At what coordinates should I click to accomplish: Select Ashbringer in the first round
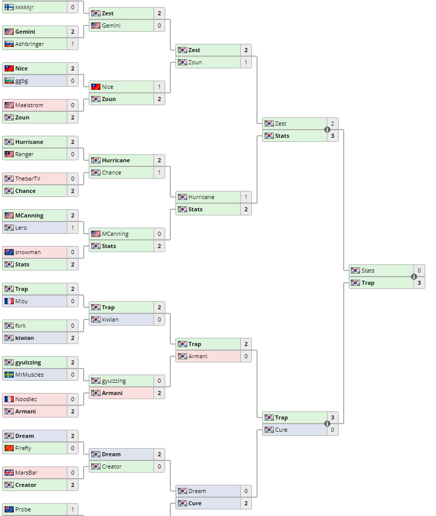coord(29,44)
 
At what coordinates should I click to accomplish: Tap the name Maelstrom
coord(29,105)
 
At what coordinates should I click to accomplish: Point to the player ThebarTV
coord(28,179)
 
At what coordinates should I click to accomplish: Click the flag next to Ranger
coord(9,154)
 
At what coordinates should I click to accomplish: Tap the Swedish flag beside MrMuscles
coord(9,375)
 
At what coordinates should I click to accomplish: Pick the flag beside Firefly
coord(9,448)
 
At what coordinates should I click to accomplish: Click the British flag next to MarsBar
coord(9,473)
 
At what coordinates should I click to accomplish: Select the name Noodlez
coord(26,399)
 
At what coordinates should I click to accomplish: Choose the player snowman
coord(28,252)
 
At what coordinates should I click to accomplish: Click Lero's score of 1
coord(72,228)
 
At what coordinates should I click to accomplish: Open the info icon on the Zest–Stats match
coord(327,130)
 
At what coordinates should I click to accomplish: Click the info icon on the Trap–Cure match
coord(327,424)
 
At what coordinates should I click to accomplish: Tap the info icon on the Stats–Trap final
coord(414,277)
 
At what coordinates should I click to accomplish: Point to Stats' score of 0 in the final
coord(419,271)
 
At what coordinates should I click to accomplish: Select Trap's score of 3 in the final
coord(419,283)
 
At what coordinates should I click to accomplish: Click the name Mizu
coord(21,301)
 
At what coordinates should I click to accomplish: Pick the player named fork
coord(20,326)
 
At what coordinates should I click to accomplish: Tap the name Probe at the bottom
coord(23,509)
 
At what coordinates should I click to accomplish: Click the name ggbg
coord(22,81)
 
